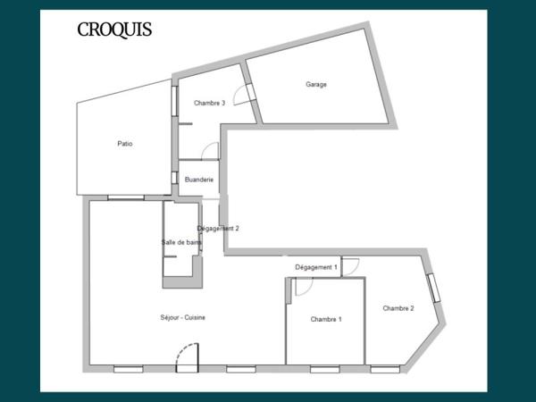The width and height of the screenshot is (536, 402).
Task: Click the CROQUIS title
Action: coord(114,30)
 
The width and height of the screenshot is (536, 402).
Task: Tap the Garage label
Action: coord(316,85)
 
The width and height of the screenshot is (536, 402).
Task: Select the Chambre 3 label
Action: coord(209,103)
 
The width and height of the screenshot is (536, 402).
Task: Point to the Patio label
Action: coord(125,143)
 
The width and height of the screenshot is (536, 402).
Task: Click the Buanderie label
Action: coord(198,180)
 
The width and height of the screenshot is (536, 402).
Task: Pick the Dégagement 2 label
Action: coord(218,228)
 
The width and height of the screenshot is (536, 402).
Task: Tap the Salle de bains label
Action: coord(181,242)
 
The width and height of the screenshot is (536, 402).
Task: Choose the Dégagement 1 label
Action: coord(316,267)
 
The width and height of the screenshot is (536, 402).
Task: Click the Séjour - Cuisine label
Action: coord(183,317)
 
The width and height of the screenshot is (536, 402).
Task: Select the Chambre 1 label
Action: coord(326,319)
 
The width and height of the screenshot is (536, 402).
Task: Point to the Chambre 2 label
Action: coord(398,308)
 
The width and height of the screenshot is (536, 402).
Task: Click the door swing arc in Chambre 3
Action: coord(242,95)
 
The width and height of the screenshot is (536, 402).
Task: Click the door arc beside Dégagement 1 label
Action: coord(349,266)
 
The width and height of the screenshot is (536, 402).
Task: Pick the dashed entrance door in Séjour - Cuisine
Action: coord(186,359)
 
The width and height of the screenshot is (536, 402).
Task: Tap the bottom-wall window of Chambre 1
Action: coord(324,368)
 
